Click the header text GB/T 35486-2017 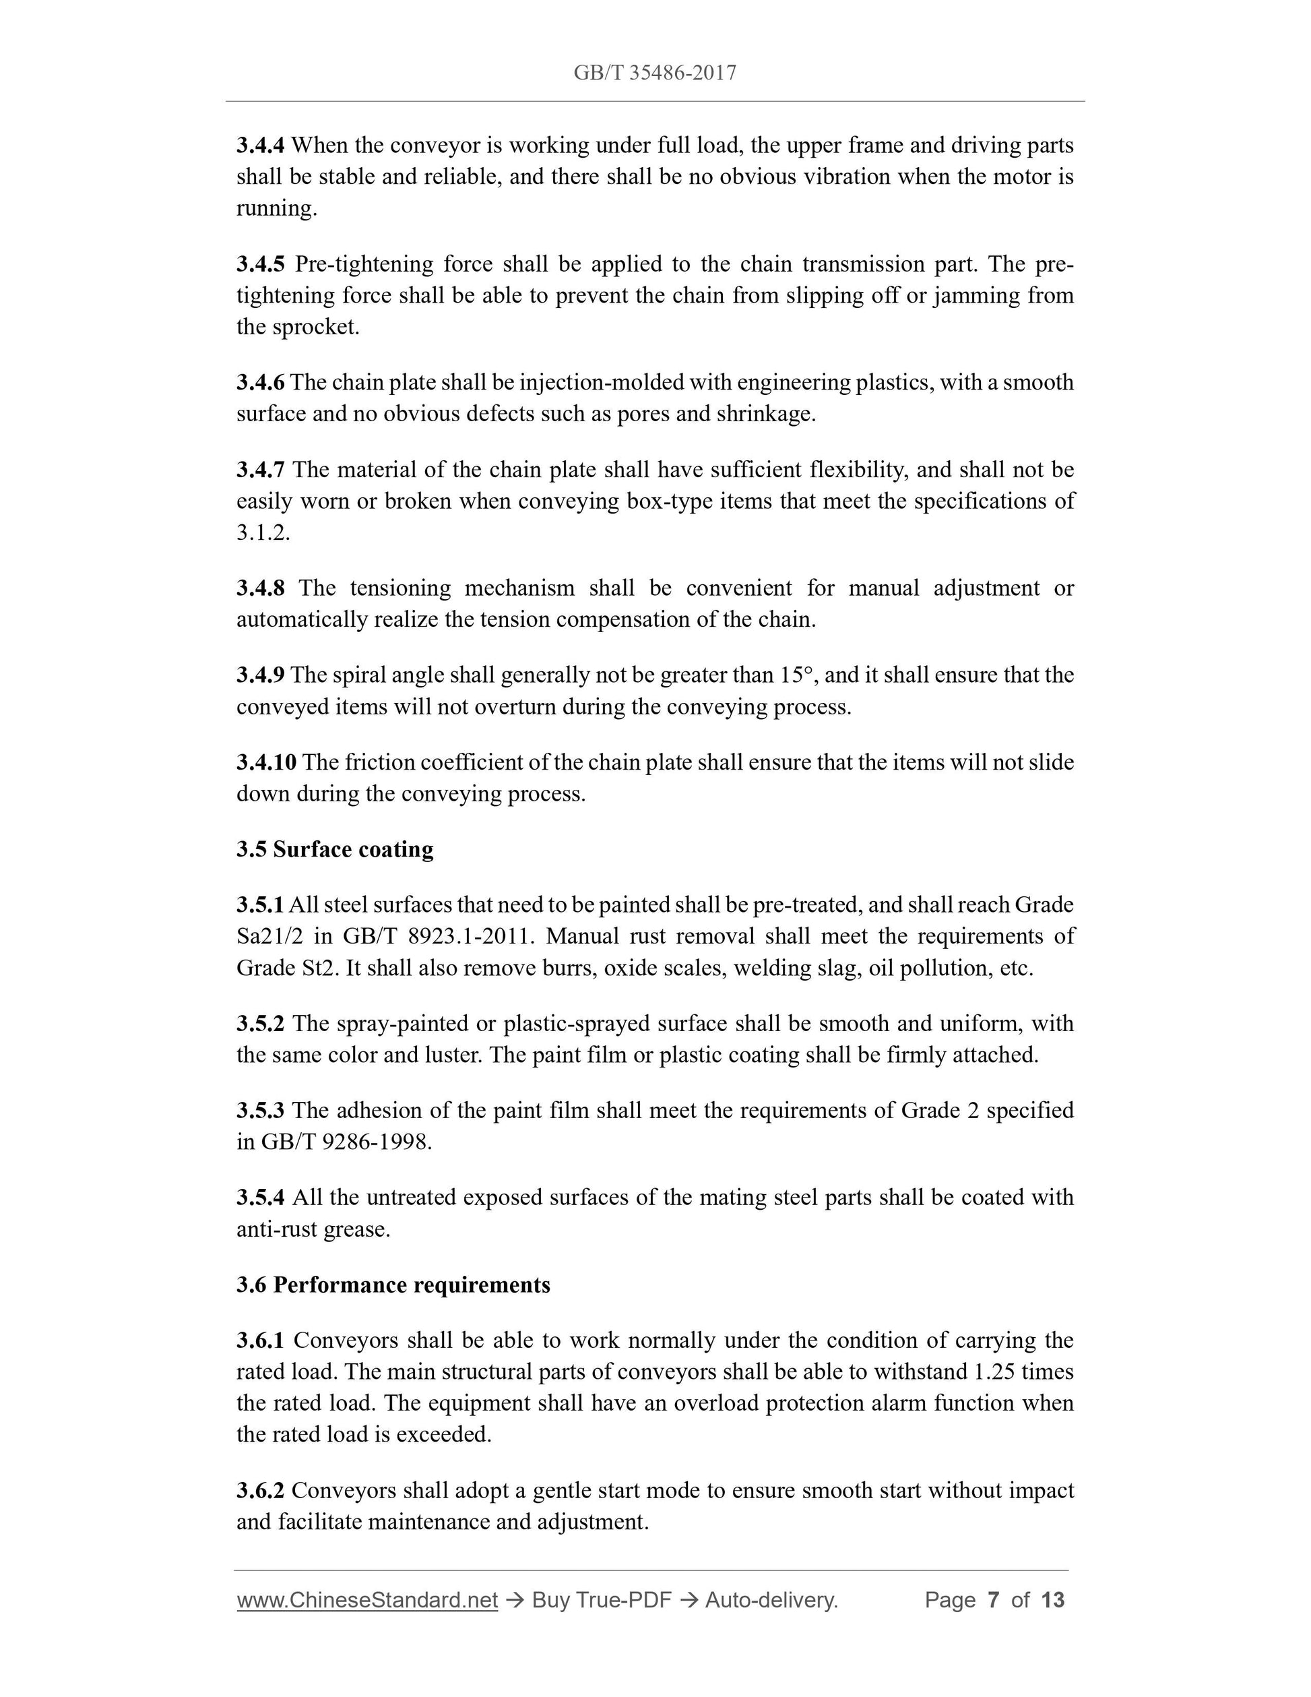click(x=655, y=73)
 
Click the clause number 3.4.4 click(x=260, y=146)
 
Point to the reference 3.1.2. click(x=263, y=533)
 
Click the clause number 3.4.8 click(x=260, y=588)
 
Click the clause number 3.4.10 click(x=265, y=762)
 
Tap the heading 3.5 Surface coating click(x=335, y=849)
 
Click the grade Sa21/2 click(x=268, y=937)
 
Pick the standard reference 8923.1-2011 click(x=471, y=937)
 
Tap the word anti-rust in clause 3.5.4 click(x=271, y=1229)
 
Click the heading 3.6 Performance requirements click(x=393, y=1285)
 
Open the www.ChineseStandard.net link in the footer click(x=366, y=1600)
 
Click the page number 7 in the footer click(x=992, y=1600)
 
